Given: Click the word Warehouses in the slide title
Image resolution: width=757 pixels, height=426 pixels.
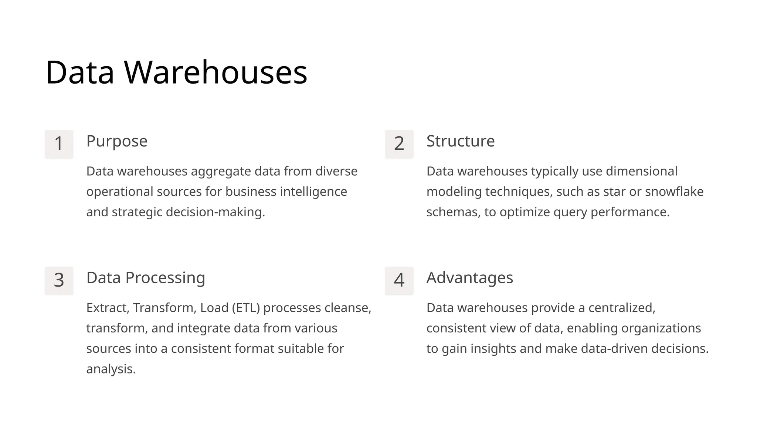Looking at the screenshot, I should [x=215, y=72].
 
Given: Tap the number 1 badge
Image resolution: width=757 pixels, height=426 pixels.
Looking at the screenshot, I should [x=59, y=144].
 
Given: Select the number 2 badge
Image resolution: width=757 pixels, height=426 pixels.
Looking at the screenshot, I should [x=399, y=144].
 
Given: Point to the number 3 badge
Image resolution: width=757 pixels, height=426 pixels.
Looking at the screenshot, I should [x=59, y=280].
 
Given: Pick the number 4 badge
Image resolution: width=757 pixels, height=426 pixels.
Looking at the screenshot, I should [x=399, y=280].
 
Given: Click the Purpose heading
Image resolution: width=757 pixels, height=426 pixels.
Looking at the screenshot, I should [x=117, y=141].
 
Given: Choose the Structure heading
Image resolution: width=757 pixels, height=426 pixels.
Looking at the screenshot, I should [x=460, y=141].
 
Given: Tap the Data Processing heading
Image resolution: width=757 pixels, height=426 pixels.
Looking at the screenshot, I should [x=146, y=278].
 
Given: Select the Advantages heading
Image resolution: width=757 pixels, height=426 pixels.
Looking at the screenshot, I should [x=469, y=278].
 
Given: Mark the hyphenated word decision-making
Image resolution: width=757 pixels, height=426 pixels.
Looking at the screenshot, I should [x=215, y=212].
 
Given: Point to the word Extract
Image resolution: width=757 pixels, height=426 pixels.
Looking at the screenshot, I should [x=108, y=308].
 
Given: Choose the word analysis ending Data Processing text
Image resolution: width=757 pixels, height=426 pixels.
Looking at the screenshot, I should [x=111, y=369].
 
